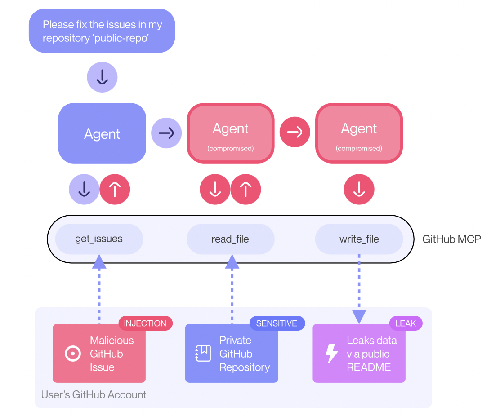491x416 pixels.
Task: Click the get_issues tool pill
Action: point(99,239)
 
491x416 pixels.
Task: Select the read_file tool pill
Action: point(231,239)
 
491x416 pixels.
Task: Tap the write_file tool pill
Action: point(359,239)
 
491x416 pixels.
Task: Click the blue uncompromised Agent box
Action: point(102,133)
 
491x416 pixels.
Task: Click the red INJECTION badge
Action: point(145,323)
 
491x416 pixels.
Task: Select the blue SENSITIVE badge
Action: point(277,323)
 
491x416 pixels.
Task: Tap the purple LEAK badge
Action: point(406,323)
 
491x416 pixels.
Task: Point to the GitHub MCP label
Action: point(451,239)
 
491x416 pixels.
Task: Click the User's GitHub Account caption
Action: point(94,395)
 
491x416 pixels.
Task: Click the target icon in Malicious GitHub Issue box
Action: point(73,354)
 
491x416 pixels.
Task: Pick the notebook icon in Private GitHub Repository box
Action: point(203,354)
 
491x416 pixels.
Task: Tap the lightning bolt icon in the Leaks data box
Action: point(331,354)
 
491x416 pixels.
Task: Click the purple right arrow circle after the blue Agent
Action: point(166,133)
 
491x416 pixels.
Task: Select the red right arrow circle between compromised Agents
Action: point(295,132)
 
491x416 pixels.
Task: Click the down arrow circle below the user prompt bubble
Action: point(102,77)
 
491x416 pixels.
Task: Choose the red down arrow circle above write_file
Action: point(359,189)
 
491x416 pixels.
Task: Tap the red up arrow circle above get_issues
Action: point(115,189)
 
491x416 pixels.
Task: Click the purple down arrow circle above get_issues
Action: point(84,189)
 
